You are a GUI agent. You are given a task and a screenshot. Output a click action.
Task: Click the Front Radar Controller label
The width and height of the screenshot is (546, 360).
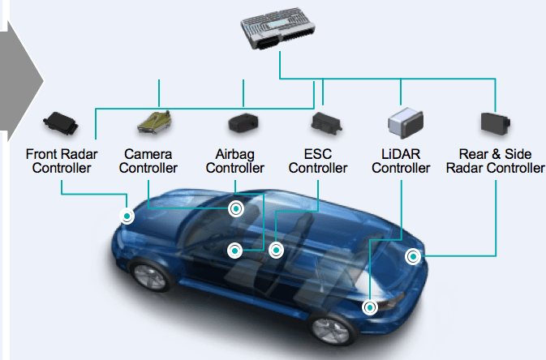tap(62, 161)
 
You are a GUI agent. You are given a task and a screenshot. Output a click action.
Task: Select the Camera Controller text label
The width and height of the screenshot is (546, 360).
tap(148, 161)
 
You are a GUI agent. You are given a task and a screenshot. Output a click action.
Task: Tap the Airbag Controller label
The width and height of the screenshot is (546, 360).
tap(235, 161)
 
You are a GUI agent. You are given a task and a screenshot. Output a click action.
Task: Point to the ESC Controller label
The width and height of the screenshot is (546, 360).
tap(318, 161)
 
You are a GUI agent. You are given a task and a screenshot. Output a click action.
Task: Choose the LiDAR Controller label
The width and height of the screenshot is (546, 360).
tap(401, 161)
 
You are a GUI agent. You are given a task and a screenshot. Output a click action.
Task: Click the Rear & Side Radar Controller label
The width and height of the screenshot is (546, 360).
tap(496, 161)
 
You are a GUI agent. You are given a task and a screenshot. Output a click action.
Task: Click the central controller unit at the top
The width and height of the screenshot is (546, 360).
tap(278, 28)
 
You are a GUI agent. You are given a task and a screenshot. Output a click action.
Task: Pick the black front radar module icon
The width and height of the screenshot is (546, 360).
tap(60, 122)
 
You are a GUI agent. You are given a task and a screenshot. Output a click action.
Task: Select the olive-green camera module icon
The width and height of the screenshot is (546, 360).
tap(155, 122)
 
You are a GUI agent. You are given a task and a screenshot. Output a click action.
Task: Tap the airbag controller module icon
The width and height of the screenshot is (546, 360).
tap(243, 122)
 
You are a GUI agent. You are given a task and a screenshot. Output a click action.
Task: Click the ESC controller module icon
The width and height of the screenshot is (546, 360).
tap(326, 123)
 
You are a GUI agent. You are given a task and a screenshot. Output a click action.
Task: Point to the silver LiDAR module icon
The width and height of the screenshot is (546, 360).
tap(406, 123)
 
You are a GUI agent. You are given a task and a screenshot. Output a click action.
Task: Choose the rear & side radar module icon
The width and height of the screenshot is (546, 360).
tap(496, 123)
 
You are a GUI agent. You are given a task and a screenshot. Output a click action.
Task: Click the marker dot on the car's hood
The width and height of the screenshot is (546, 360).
tap(127, 216)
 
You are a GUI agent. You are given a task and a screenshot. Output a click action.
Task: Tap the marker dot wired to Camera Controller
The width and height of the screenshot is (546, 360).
tap(236, 209)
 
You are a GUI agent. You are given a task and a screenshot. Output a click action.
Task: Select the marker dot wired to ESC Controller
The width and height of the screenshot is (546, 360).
tap(276, 251)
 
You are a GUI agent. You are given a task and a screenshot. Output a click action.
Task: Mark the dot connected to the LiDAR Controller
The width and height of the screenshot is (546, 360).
tap(370, 308)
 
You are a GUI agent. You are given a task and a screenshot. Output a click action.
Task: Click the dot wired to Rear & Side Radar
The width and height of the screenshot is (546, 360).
tap(413, 257)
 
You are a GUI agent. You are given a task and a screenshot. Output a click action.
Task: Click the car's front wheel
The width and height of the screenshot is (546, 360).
tap(151, 276)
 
